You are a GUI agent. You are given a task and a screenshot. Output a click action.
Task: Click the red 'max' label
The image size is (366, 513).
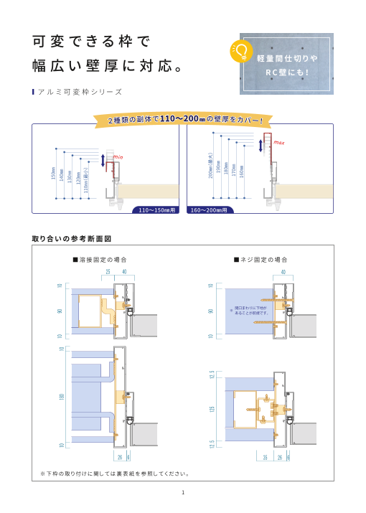(x=278, y=143)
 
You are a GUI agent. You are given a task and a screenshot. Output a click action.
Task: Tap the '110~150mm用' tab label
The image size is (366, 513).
(x=157, y=211)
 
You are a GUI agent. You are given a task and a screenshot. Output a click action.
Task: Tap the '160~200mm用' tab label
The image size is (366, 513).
(x=207, y=211)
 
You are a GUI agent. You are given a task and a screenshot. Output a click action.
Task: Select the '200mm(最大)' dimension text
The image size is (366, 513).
(x=210, y=166)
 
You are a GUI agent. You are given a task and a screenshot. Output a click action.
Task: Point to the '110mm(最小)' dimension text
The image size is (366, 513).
(x=87, y=180)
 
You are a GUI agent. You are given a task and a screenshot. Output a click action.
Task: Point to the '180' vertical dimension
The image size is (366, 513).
(x=61, y=396)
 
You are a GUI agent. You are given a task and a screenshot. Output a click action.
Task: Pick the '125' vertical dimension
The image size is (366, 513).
(x=212, y=410)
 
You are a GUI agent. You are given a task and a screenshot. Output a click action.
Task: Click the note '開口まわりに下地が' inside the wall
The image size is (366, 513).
(x=248, y=310)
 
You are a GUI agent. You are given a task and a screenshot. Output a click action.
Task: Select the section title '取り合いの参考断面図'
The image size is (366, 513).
(x=72, y=237)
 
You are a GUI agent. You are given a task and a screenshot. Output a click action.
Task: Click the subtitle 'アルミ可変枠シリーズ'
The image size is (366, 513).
(x=78, y=92)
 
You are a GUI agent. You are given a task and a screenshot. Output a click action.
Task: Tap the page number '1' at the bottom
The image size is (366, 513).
(x=183, y=492)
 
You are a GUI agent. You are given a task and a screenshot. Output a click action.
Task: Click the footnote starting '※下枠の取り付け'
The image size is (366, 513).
(x=115, y=473)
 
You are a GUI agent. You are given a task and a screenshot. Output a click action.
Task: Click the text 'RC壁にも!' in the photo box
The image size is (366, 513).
(x=287, y=72)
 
